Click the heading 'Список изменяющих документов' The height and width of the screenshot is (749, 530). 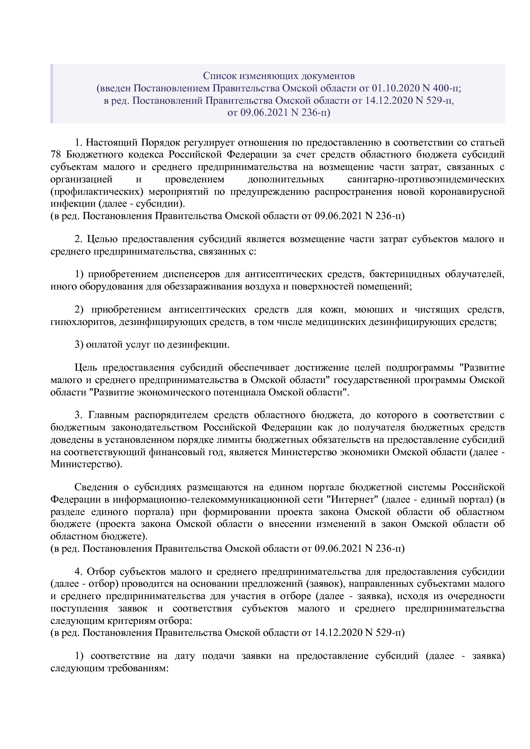(x=279, y=76)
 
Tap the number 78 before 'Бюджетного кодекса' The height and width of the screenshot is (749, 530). (x=56, y=155)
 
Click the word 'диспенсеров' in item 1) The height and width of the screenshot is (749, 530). (x=192, y=274)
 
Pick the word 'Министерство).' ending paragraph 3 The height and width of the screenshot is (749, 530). (x=86, y=464)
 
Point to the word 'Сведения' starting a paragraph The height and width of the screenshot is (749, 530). (x=96, y=487)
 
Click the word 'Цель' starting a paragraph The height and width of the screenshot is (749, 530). (x=84, y=368)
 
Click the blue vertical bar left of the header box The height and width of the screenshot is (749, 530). (x=52, y=94)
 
